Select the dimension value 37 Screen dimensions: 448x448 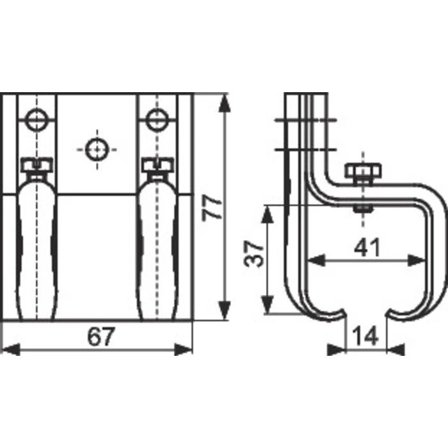tap(255, 254)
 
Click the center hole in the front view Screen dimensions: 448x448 tap(96, 148)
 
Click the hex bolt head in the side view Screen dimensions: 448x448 tap(362, 172)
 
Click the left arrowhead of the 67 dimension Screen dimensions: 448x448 tap(8, 349)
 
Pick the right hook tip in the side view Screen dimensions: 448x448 tap(394, 314)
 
